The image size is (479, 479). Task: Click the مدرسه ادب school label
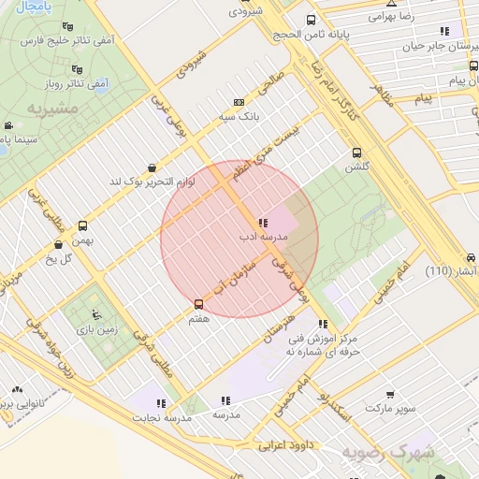click(262, 239)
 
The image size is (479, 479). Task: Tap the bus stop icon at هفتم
click(197, 305)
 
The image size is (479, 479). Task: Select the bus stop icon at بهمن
click(83, 225)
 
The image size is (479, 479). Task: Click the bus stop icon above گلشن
click(356, 153)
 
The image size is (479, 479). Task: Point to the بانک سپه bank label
click(240, 118)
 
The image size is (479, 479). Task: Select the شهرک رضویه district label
click(388, 453)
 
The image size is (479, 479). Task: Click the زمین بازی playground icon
click(96, 311)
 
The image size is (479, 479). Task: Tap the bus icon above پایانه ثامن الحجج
click(311, 20)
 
